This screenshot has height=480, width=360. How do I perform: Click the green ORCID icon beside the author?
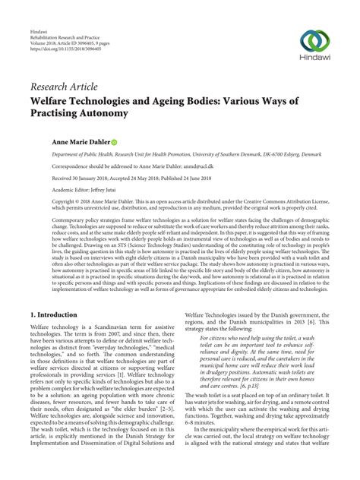pos(114,142)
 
